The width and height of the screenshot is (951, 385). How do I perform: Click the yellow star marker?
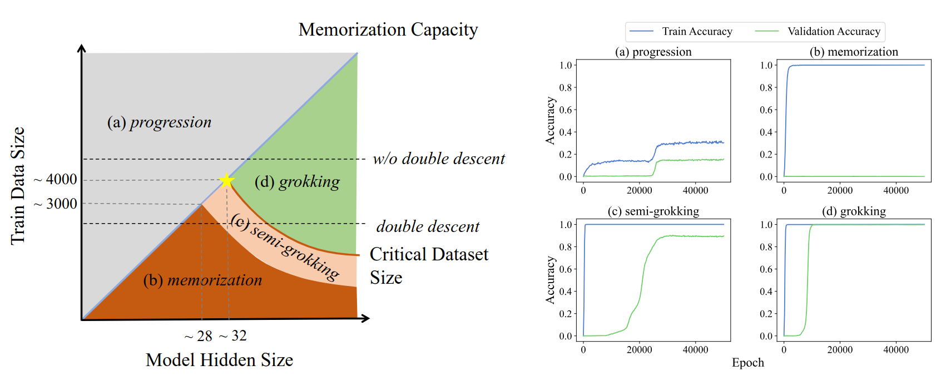click(x=226, y=180)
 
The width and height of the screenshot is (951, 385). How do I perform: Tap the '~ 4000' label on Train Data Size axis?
click(x=56, y=180)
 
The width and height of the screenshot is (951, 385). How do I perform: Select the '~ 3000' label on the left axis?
click(x=56, y=204)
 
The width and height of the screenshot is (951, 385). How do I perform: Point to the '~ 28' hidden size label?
click(x=199, y=336)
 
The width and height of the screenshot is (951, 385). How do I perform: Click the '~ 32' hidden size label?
click(x=232, y=335)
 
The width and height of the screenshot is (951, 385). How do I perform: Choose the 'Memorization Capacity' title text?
click(x=388, y=29)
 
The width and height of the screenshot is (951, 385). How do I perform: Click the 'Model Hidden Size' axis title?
click(x=219, y=360)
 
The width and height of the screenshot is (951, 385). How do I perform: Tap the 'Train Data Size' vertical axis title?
click(x=18, y=186)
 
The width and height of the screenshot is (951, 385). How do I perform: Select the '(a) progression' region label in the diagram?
click(x=159, y=122)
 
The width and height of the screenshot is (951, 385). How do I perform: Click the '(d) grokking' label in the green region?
click(x=297, y=182)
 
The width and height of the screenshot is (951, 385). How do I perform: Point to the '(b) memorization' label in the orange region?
click(x=202, y=280)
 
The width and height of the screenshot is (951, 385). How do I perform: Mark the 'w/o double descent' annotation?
click(x=439, y=159)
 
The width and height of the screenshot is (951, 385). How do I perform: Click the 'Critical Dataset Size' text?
click(x=429, y=265)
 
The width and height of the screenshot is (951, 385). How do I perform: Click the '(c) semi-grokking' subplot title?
click(x=653, y=211)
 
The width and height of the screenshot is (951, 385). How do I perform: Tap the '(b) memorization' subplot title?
click(x=854, y=52)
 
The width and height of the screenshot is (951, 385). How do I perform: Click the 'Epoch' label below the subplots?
click(x=747, y=363)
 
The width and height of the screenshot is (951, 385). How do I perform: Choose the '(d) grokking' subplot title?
click(x=854, y=211)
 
